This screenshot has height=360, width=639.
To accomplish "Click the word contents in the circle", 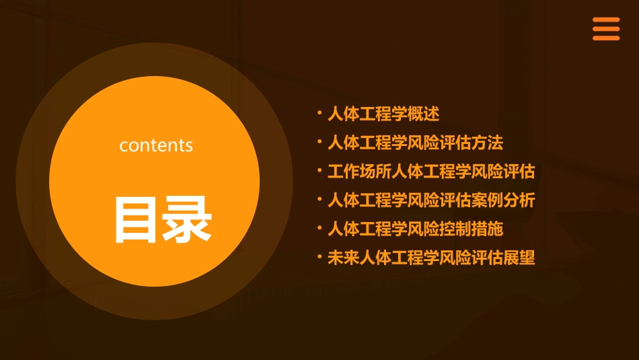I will tap(156, 145).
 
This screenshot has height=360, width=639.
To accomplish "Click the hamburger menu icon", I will tap(605, 29).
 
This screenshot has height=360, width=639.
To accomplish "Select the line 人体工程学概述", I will tap(383, 114).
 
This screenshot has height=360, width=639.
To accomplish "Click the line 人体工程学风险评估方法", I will tap(415, 143).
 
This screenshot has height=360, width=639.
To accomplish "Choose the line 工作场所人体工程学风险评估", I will tap(431, 172).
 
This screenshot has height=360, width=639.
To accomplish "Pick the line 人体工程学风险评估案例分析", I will tap(431, 201).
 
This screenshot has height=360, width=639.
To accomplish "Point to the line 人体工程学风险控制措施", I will tap(415, 229).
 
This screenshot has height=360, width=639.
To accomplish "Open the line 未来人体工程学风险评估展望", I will tap(431, 258).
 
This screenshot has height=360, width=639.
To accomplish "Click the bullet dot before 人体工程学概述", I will tap(319, 113).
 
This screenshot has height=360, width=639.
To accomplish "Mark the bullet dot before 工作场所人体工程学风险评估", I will tap(319, 170).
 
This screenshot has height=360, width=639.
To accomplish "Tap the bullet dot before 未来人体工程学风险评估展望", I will tap(319, 256).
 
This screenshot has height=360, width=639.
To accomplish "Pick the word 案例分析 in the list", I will tap(503, 201).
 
